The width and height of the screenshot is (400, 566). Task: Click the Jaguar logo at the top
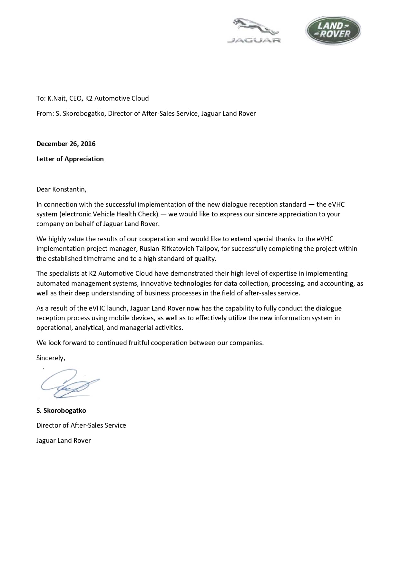254,31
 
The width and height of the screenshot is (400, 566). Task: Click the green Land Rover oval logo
333,30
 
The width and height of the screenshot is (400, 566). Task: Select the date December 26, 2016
66,144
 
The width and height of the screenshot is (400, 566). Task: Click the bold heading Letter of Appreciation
70,159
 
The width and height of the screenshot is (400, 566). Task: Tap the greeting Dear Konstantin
61,189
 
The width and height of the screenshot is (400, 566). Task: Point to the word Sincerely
50,358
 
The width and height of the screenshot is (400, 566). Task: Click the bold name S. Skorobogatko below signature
61,411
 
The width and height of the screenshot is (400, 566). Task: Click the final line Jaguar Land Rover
63,441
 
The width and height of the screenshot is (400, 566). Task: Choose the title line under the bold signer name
81,425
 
